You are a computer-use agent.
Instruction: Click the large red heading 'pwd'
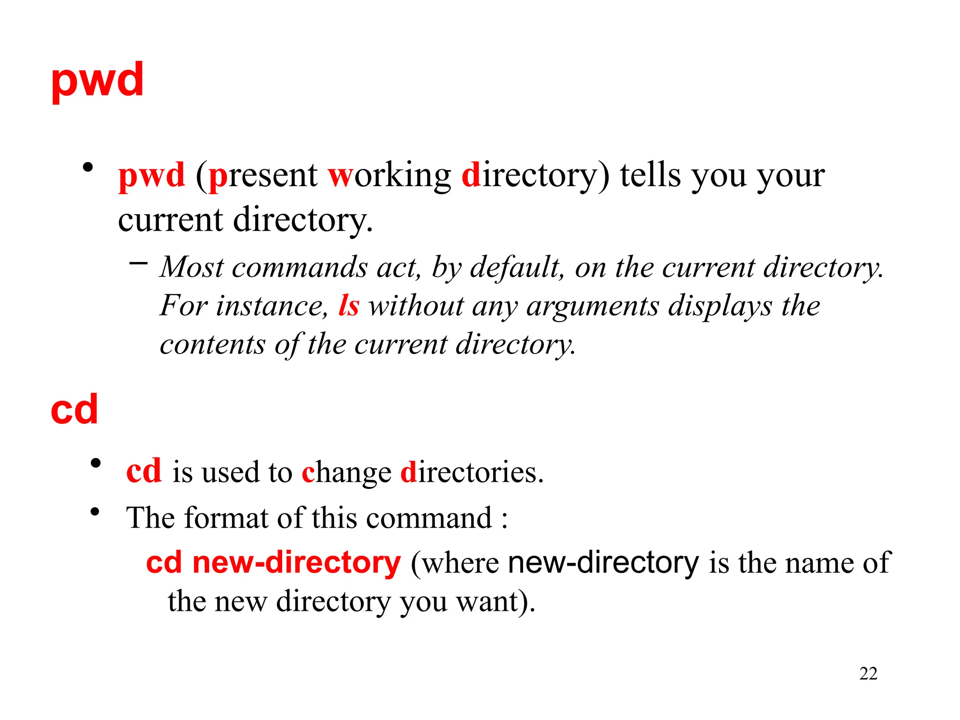tap(97, 81)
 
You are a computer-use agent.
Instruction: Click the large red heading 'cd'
tap(75, 410)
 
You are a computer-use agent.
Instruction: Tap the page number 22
tap(868, 674)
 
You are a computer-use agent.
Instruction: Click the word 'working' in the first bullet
tap(389, 176)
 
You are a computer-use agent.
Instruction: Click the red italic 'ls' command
tap(349, 306)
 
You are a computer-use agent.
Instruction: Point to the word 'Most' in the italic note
tap(192, 267)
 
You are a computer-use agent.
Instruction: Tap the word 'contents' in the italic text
tap(212, 345)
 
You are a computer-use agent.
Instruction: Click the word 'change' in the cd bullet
tap(346, 473)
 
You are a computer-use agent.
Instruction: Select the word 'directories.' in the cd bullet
tap(472, 472)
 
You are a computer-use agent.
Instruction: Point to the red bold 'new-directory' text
tap(297, 562)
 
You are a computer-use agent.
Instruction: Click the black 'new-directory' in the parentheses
tap(603, 562)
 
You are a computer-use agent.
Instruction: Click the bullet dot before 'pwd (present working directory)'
tap(88, 167)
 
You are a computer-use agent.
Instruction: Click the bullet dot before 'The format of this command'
tap(95, 511)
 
